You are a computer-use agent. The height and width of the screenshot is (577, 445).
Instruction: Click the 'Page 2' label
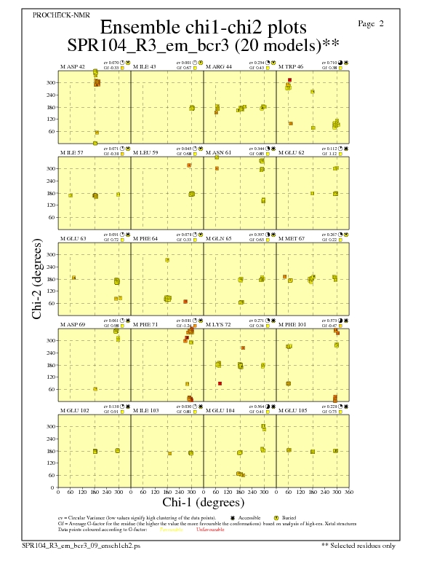tap(371, 24)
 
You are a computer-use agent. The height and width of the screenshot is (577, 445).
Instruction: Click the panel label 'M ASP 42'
tap(73, 66)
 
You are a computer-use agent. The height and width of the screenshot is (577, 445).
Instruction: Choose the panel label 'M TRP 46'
tap(292, 66)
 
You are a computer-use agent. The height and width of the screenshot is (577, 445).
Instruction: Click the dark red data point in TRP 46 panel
tap(289, 79)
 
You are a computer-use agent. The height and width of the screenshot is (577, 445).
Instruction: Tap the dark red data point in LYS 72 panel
tap(220, 383)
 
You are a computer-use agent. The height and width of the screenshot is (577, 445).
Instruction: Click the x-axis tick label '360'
tap(349, 492)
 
